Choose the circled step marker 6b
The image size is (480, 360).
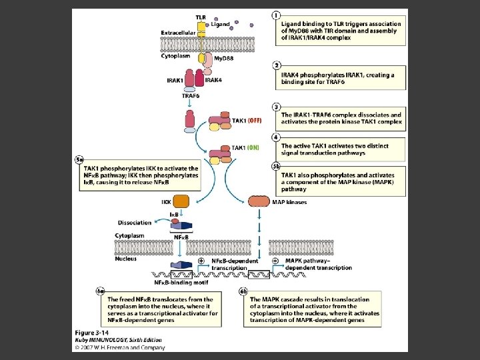click(244, 290)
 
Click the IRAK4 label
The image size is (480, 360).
click(213, 80)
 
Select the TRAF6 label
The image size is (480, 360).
click(191, 95)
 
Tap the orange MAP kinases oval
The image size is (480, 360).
click(259, 201)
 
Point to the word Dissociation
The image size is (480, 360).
click(135, 223)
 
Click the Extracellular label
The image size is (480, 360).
click(179, 32)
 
